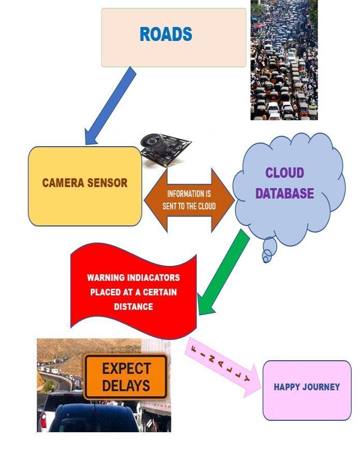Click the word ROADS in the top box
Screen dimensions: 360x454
[x=166, y=35]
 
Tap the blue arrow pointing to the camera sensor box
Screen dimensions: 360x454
[x=110, y=106]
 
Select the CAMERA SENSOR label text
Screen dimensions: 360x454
[x=84, y=183]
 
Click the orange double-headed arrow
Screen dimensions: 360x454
[x=189, y=200]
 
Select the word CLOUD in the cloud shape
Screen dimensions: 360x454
[x=284, y=173]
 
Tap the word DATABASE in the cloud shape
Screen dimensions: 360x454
[x=284, y=194]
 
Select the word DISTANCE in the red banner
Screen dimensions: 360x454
[x=133, y=306]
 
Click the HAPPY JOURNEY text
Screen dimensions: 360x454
[x=307, y=387]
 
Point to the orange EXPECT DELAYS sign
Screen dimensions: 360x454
[x=126, y=376]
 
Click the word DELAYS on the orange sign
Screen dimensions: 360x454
[x=126, y=386]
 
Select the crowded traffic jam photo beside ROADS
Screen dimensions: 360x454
[x=284, y=60]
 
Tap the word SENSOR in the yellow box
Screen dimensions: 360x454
[x=107, y=183]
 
